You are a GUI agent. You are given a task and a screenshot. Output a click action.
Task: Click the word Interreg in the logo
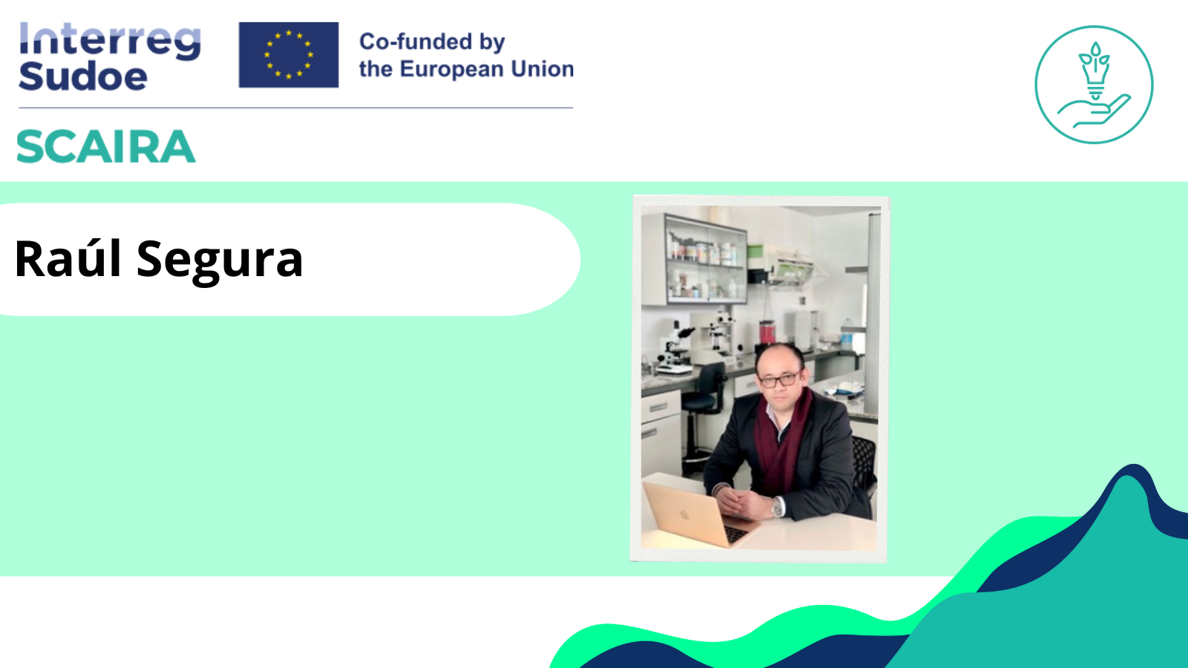[110, 42]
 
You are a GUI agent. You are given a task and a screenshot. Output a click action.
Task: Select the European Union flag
[289, 55]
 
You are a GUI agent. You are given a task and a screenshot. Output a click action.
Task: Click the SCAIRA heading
[106, 146]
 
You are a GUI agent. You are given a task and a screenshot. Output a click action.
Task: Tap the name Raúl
[68, 259]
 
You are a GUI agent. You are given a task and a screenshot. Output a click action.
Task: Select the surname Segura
[220, 261]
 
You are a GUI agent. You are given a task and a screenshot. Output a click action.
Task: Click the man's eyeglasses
[779, 379]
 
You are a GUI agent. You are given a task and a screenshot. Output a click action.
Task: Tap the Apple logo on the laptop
[685, 514]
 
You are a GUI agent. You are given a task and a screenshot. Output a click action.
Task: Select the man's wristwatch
[777, 508]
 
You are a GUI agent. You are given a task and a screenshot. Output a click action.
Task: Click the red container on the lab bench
[767, 332]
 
